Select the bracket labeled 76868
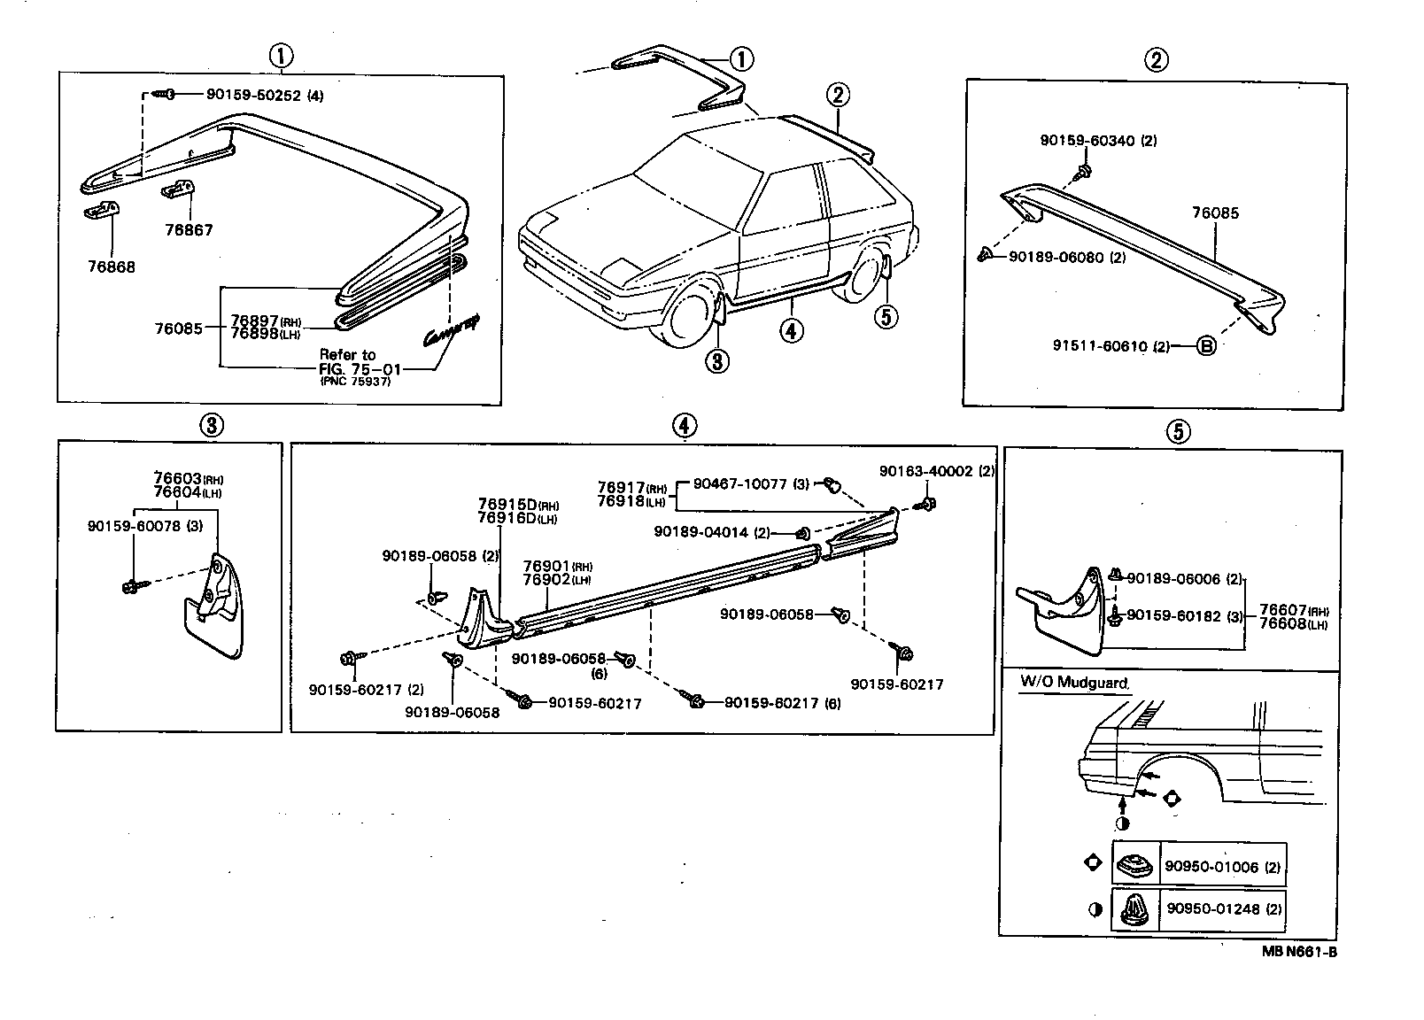tap(103, 212)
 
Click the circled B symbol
tap(1205, 346)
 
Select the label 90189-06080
tap(1056, 257)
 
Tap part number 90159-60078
tap(133, 526)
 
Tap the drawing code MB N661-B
tap(1299, 953)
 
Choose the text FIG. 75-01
tap(347, 369)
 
